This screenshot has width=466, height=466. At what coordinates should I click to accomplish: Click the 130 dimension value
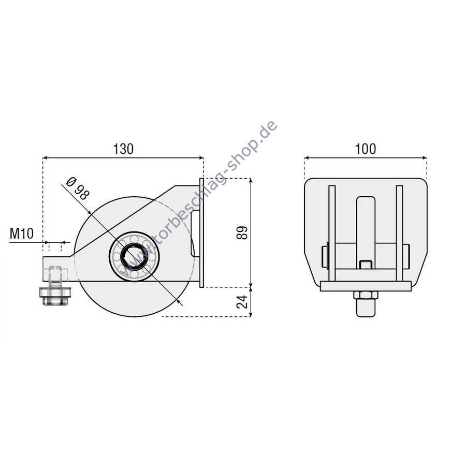(x=123, y=149)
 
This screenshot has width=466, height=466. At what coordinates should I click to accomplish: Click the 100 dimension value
(x=366, y=149)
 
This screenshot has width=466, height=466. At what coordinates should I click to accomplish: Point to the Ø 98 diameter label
(x=77, y=188)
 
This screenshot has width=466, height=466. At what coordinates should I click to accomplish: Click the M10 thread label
(x=22, y=234)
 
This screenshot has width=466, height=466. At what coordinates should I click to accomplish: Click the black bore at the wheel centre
(x=134, y=256)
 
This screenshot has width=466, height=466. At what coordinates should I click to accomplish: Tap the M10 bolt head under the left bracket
(x=55, y=296)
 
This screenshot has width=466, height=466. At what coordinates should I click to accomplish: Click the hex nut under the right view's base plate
(x=366, y=295)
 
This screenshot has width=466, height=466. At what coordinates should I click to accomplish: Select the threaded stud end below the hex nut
(x=366, y=308)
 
